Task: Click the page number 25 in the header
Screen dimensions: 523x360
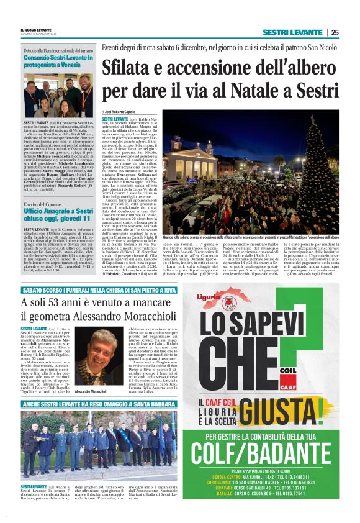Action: point(335,32)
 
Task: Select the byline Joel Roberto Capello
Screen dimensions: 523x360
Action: point(120,112)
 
